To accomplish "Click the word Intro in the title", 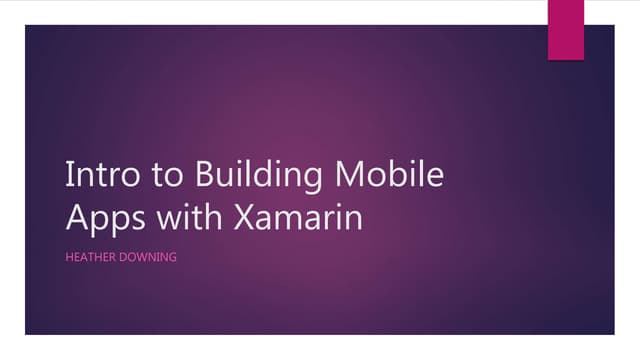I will (97, 176).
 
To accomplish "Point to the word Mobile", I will (387, 175).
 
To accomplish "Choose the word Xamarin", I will (297, 216).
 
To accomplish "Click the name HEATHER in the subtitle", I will (90, 257).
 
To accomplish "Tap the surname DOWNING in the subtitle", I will (148, 257).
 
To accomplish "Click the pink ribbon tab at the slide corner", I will (566, 28).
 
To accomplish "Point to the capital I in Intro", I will (68, 175).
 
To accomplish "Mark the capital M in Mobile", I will (347, 175).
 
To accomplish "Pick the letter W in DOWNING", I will (144, 257).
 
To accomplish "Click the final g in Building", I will (311, 181).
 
